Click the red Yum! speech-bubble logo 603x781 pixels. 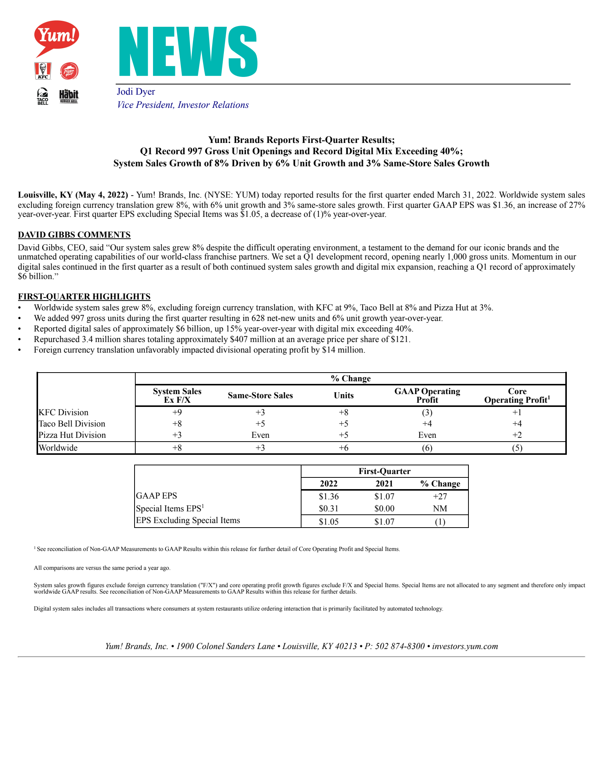coord(57,37)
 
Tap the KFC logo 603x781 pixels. coord(43,71)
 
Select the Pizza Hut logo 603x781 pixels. coord(69,71)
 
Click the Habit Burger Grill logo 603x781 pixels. coord(69,96)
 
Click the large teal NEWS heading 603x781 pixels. coord(188,52)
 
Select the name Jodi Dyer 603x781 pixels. coord(136,92)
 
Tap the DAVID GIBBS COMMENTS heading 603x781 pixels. coord(74,235)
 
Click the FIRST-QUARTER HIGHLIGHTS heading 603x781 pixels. coord(84,296)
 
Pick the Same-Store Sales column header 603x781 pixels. coord(260,395)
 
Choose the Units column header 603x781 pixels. coord(344,395)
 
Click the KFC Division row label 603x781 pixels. coord(63,412)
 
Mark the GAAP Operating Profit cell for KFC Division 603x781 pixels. coord(427,412)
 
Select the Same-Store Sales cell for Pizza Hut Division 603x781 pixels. coord(260,435)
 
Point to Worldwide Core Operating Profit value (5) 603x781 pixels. coord(517,448)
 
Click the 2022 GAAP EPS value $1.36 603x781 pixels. coord(329,496)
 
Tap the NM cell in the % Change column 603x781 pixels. coord(440,508)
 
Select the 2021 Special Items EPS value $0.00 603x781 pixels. coord(384,508)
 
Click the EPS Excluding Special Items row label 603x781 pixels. coord(188,520)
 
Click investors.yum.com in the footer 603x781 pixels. coord(465,646)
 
